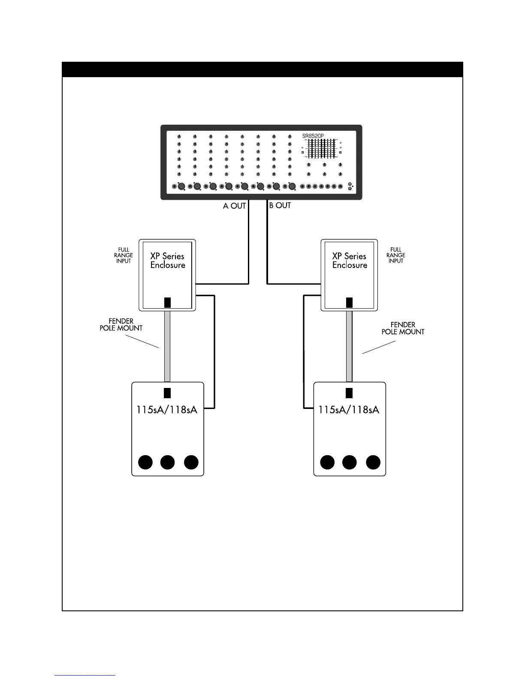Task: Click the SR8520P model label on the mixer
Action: pos(313,136)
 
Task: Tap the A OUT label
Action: pos(234,206)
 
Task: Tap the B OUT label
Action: pos(280,205)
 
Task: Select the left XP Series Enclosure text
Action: pos(167,261)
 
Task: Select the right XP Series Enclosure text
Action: pos(350,261)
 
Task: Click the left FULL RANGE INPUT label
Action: pos(124,255)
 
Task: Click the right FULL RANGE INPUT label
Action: pos(395,255)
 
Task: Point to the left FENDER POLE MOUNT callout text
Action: pos(121,324)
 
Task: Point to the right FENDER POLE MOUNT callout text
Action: pos(403,328)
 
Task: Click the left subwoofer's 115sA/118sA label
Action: pos(167,409)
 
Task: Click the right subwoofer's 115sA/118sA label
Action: pos(349,409)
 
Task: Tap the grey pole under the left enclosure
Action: pos(167,346)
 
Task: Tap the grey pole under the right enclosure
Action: pos(350,346)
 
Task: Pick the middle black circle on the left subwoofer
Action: pos(167,462)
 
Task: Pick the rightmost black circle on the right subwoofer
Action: pos(373,462)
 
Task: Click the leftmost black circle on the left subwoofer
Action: pos(146,462)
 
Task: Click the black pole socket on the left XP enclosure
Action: pos(167,302)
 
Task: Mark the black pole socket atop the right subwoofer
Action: pos(350,393)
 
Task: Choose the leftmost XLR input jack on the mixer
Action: pos(181,186)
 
